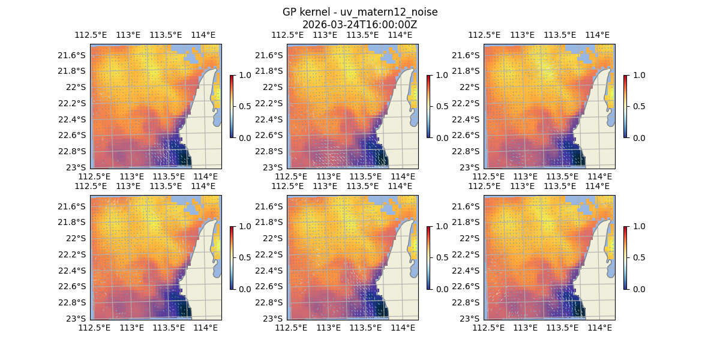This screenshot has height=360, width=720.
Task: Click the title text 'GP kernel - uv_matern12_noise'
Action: (360, 12)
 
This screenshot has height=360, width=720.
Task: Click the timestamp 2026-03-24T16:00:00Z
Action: (360, 25)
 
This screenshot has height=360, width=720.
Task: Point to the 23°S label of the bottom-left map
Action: (79, 318)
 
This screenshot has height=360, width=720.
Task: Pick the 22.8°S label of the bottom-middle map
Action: (272, 302)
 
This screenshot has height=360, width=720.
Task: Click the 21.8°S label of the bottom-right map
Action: (469, 222)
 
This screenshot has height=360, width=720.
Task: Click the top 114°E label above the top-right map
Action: (597, 35)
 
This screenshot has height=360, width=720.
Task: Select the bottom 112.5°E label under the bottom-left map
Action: (95, 328)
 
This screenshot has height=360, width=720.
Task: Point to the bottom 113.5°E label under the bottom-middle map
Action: (365, 328)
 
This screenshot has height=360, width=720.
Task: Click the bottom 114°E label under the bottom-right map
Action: (600, 328)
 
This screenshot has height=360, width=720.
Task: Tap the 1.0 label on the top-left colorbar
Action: (244, 75)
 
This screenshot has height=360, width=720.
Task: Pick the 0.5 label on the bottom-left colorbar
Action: (244, 257)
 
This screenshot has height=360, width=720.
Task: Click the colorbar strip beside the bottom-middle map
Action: (428, 257)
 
